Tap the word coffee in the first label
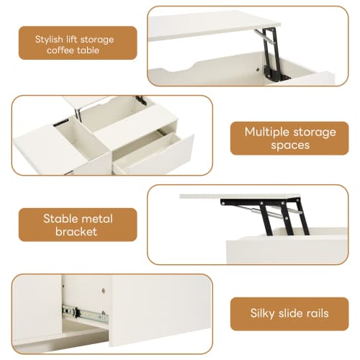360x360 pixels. point(61,50)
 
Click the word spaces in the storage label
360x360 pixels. point(290,145)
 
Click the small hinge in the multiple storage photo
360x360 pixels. point(140,102)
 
